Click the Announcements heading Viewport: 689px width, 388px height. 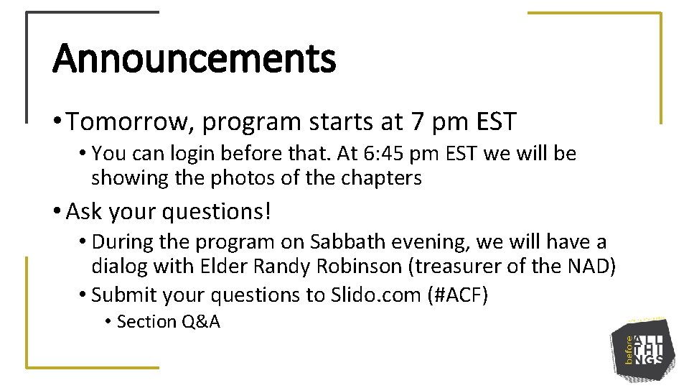click(194, 59)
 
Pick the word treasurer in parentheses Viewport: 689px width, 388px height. click(457, 267)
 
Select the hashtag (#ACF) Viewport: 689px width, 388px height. click(459, 295)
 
